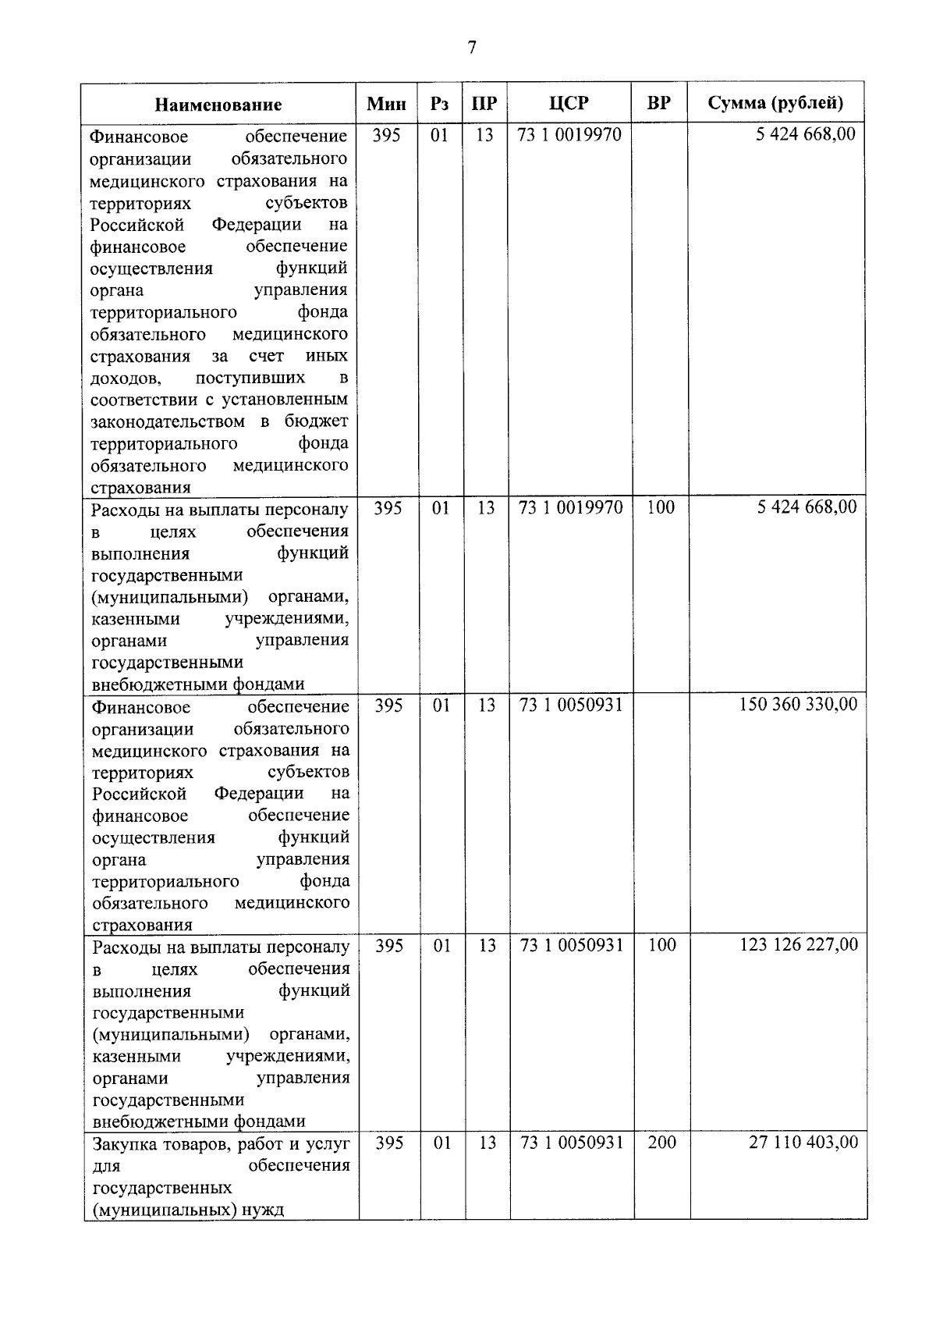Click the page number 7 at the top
click(x=470, y=48)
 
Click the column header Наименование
click(x=218, y=105)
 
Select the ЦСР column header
click(x=569, y=103)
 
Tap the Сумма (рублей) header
click(x=775, y=103)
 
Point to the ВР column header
click(x=659, y=103)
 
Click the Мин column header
click(x=387, y=104)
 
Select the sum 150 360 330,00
click(x=798, y=705)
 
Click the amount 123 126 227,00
click(x=799, y=945)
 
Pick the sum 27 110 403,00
click(x=803, y=1143)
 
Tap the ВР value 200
click(x=661, y=1143)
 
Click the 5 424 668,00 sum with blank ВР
click(x=806, y=134)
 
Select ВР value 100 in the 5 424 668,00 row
click(x=661, y=507)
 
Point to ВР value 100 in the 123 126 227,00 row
click(x=661, y=945)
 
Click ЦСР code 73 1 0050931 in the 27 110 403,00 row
click(x=572, y=1143)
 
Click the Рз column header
click(x=439, y=104)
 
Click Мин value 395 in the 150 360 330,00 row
click(x=388, y=706)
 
